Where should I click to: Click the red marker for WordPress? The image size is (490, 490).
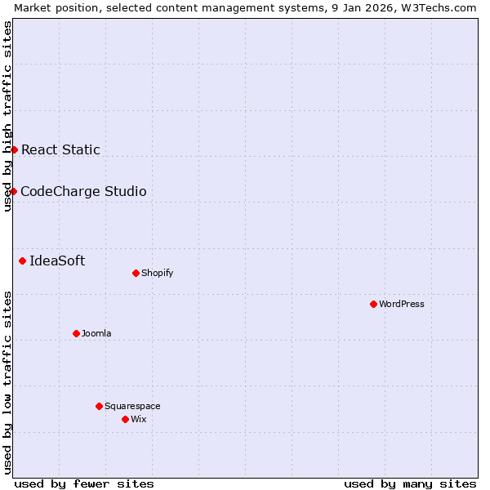click(373, 304)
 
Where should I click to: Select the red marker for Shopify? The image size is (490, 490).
click(136, 273)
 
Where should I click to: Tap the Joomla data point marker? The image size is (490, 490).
click(76, 333)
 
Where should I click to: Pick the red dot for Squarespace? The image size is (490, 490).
click(99, 406)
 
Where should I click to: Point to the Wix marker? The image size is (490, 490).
click(125, 419)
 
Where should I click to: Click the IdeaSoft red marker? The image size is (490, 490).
click(22, 261)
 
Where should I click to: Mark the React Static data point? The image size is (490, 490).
click(14, 149)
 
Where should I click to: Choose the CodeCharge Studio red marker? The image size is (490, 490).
click(13, 191)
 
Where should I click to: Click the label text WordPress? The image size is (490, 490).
click(402, 304)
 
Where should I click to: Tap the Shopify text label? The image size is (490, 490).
click(158, 273)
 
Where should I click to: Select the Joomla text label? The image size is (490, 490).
click(96, 333)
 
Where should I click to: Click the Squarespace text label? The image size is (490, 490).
click(132, 406)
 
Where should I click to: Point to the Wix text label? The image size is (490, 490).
click(139, 419)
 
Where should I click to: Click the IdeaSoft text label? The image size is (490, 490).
click(57, 261)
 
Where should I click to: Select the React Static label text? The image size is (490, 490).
click(60, 149)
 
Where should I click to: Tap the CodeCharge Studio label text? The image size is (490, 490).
click(83, 191)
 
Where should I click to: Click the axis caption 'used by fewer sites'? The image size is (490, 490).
click(84, 483)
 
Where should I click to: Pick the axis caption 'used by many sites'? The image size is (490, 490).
click(410, 483)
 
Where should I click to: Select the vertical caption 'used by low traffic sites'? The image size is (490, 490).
click(7, 381)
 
